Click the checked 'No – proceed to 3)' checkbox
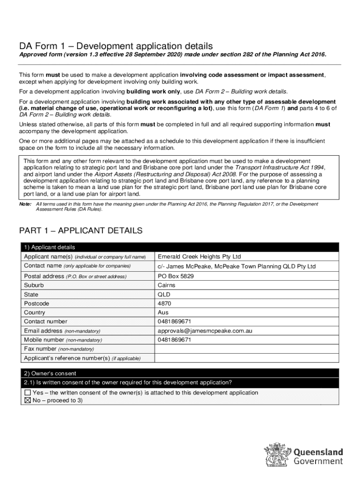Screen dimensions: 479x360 coord(28,401)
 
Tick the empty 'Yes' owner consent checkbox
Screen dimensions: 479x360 coord(28,393)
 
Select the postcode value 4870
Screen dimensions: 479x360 coord(164,304)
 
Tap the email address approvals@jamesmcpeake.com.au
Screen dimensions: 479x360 coord(205,331)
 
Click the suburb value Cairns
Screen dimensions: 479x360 coord(166,285)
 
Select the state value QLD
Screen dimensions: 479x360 coord(164,295)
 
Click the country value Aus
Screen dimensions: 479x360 coord(163,312)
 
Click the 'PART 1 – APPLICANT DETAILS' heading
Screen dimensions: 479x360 coord(80,231)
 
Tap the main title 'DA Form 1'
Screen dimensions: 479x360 coord(115,46)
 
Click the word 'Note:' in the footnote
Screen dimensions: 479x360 coord(25,204)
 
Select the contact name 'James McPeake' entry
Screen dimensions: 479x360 coord(237,267)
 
